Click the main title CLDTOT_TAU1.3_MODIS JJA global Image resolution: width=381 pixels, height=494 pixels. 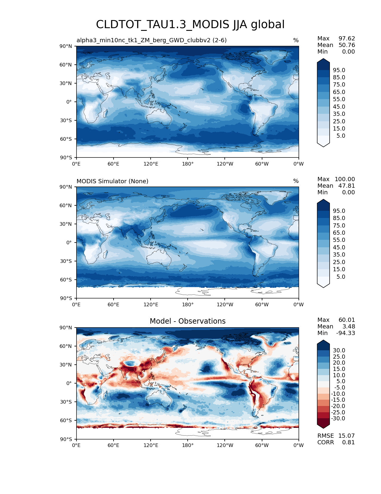point(190,25)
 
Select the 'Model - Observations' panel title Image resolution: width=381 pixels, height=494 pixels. point(187,321)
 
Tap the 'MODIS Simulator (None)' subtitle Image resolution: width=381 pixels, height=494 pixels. point(112,181)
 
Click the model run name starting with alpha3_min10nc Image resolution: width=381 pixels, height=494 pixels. point(152,40)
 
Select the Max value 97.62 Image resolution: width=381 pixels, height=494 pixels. point(347,38)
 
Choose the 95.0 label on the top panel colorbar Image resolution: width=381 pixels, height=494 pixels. point(339,70)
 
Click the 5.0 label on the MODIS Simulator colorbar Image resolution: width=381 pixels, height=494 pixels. point(341,277)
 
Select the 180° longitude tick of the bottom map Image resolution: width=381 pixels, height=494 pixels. point(188,445)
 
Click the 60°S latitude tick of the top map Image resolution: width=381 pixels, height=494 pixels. point(66,139)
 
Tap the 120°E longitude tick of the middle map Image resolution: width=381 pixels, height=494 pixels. point(151,304)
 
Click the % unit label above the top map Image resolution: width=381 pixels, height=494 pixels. point(296,40)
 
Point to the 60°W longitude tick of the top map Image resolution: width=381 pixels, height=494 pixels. point(262,164)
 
